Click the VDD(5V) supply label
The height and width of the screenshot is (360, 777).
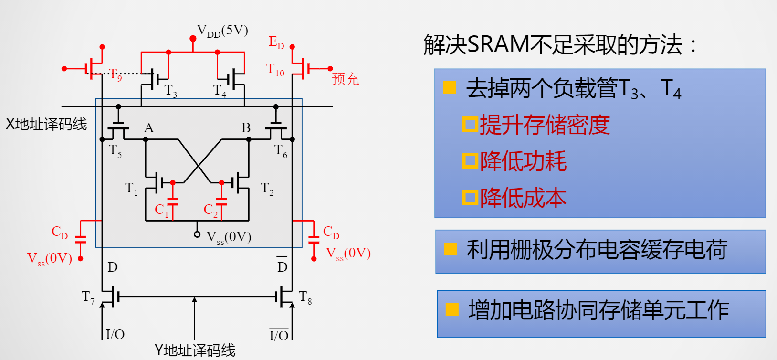tap(222, 32)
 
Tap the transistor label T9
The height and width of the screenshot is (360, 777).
tap(115, 75)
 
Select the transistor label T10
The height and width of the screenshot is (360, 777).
tap(275, 70)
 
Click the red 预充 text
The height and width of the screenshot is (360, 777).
tap(345, 79)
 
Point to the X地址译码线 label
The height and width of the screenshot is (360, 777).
tap(46, 124)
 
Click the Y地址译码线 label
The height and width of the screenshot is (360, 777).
tap(195, 350)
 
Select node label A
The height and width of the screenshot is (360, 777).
tap(149, 128)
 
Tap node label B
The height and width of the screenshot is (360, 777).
tap(246, 128)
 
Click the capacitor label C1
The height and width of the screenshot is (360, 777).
tap(161, 210)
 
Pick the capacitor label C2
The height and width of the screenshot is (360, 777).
tap(210, 210)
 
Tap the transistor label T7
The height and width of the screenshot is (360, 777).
tap(88, 297)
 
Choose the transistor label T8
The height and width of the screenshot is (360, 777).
tap(305, 297)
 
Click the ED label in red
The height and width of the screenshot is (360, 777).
tap(276, 42)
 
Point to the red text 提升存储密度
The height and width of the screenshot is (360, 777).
tap(545, 125)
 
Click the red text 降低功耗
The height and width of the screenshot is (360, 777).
tap(523, 161)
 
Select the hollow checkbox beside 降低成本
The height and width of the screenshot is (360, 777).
tap(470, 198)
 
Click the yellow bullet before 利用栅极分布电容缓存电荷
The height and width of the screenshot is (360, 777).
tap(450, 249)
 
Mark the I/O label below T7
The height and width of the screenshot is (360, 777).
tap(115, 334)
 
